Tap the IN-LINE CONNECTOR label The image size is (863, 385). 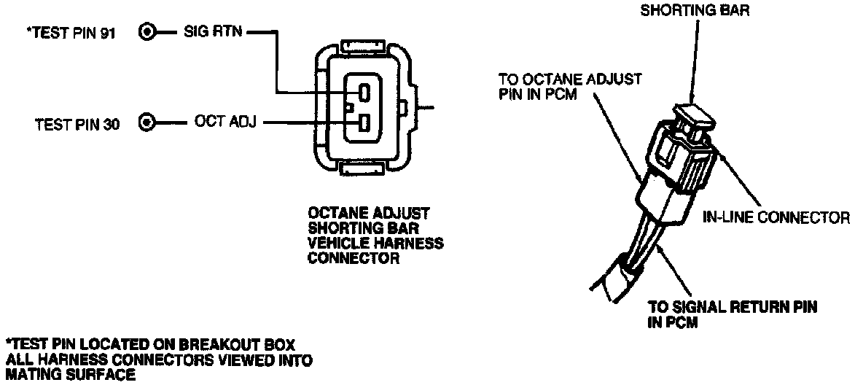click(776, 217)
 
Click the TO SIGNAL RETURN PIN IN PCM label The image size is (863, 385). click(731, 315)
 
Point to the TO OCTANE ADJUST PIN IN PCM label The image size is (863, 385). click(569, 86)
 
